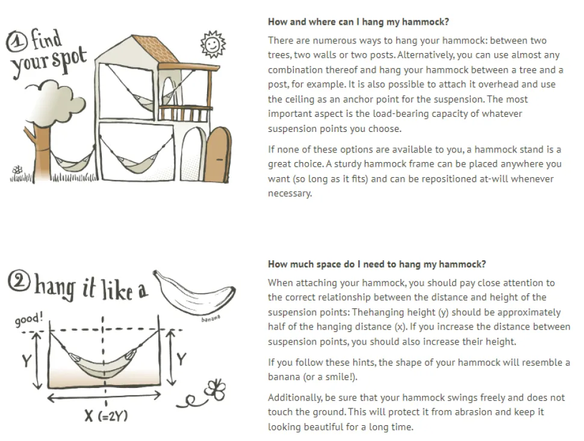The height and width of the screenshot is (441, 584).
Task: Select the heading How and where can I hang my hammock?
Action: [x=358, y=22]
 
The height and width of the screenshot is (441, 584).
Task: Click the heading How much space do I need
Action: [x=377, y=264]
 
